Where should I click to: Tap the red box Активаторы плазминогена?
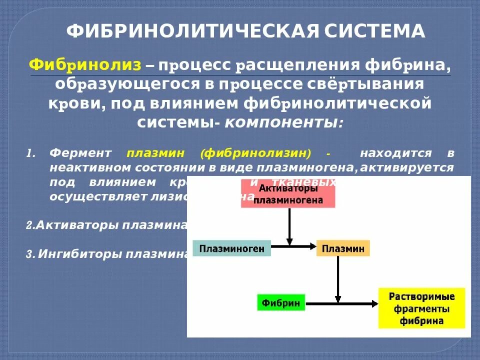click(x=288, y=194)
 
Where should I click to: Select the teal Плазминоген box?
click(x=231, y=248)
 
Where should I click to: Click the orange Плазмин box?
click(x=343, y=248)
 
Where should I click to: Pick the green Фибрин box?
click(x=280, y=303)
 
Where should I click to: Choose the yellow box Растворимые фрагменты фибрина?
click(x=421, y=307)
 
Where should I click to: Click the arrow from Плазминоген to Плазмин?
click(x=293, y=246)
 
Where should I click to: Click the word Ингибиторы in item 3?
click(x=80, y=253)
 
